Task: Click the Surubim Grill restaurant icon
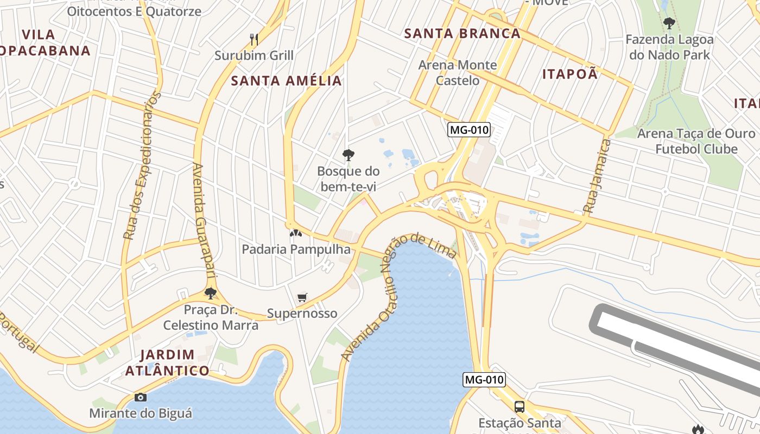tap(254, 39)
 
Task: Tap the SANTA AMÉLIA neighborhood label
tap(286, 81)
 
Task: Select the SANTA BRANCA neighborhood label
tap(463, 34)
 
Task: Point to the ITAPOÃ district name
tap(570, 74)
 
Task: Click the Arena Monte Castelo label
tap(458, 73)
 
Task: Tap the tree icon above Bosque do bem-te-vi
tap(348, 155)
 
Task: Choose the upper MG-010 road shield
tap(469, 130)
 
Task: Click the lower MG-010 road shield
tap(484, 380)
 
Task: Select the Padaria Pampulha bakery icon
tap(295, 233)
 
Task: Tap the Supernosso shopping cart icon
tap(302, 297)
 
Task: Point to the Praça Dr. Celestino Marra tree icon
tap(211, 293)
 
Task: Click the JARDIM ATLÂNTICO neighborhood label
tap(167, 363)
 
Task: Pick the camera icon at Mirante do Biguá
tap(141, 397)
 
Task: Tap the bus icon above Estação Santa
tap(520, 406)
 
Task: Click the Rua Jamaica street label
tap(597, 176)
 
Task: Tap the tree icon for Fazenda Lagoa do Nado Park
tap(669, 23)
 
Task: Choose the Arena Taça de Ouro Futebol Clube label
tap(696, 141)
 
